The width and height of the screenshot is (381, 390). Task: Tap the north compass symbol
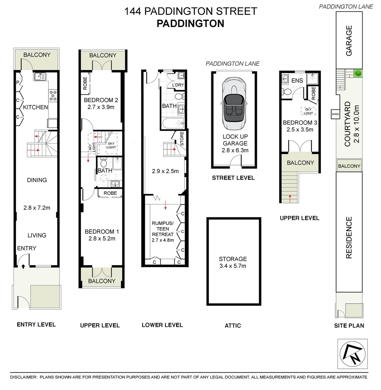click(x=352, y=354)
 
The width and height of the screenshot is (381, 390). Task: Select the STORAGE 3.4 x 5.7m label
click(x=233, y=263)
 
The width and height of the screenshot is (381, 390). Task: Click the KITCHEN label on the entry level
click(x=35, y=107)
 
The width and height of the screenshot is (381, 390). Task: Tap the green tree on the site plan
click(x=357, y=73)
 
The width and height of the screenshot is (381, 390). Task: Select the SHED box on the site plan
click(x=335, y=114)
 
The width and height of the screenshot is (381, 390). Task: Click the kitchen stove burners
click(x=53, y=95)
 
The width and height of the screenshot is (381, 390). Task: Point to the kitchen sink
click(x=39, y=76)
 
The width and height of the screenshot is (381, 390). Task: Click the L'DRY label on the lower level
click(x=178, y=85)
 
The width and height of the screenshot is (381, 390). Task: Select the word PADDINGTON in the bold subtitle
click(x=190, y=23)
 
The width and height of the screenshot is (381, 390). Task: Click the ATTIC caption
click(x=233, y=325)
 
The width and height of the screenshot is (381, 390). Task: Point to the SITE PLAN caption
click(x=349, y=325)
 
